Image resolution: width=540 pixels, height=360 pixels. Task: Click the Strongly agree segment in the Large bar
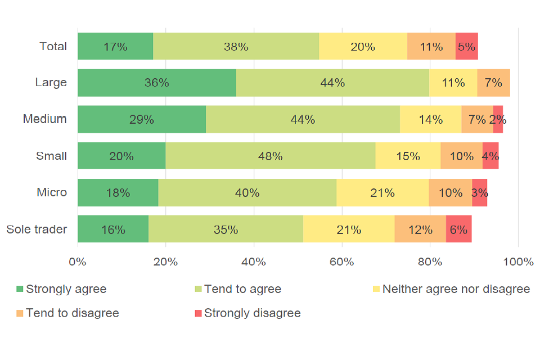click(156, 83)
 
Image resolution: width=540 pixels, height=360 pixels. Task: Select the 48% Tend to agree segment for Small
click(270, 156)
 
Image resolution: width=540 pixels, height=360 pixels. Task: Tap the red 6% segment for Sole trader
click(458, 229)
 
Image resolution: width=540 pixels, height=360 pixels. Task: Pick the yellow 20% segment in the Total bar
click(363, 47)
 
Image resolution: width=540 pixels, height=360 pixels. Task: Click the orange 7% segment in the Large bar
click(493, 83)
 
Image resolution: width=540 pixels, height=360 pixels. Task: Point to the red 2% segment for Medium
click(498, 119)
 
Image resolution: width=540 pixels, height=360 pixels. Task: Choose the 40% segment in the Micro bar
click(247, 193)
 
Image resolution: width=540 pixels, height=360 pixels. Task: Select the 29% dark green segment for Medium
click(141, 119)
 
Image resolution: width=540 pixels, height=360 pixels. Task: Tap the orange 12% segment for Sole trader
click(420, 229)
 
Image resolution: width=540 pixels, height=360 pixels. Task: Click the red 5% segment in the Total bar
click(466, 47)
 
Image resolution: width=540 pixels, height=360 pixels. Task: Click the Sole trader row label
click(37, 229)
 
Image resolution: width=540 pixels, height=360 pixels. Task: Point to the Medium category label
click(44, 119)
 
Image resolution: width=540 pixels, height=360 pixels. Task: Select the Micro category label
click(52, 192)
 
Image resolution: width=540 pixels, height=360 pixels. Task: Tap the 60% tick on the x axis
click(341, 262)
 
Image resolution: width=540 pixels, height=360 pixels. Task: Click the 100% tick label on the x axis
click(517, 262)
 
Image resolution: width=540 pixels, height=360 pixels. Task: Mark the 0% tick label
click(78, 262)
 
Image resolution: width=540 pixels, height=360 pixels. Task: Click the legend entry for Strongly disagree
click(252, 313)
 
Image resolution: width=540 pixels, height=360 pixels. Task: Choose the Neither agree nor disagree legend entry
click(456, 289)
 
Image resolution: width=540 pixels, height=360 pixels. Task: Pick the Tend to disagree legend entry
click(72, 313)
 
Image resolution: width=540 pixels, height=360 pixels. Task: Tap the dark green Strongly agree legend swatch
click(20, 289)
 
